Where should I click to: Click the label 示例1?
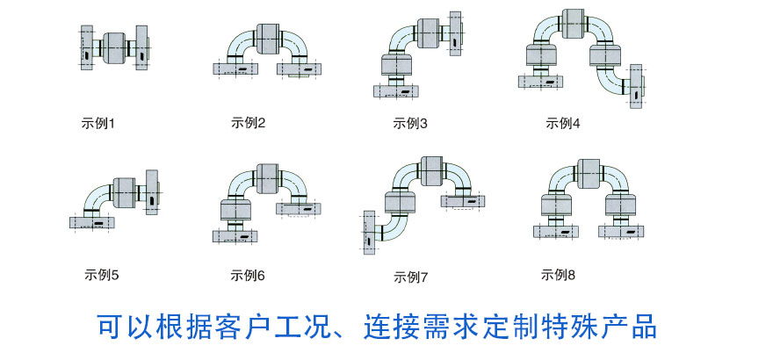[98, 123]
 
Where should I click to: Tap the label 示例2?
[248, 123]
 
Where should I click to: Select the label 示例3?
[410, 123]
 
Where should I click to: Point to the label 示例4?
[563, 123]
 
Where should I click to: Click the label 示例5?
[102, 275]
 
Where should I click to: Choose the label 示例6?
[248, 276]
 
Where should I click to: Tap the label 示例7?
[411, 277]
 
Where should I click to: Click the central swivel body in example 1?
[114, 47]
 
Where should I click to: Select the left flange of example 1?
[87, 47]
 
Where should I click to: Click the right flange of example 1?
[142, 47]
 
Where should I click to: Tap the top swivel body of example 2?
[268, 38]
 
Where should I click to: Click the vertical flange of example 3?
[455, 33]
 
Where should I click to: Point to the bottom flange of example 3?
[396, 91]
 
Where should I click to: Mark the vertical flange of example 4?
[636, 86]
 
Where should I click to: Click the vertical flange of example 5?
[152, 192]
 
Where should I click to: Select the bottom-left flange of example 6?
[235, 236]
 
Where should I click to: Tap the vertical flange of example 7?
[369, 233]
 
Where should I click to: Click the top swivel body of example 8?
[589, 175]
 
